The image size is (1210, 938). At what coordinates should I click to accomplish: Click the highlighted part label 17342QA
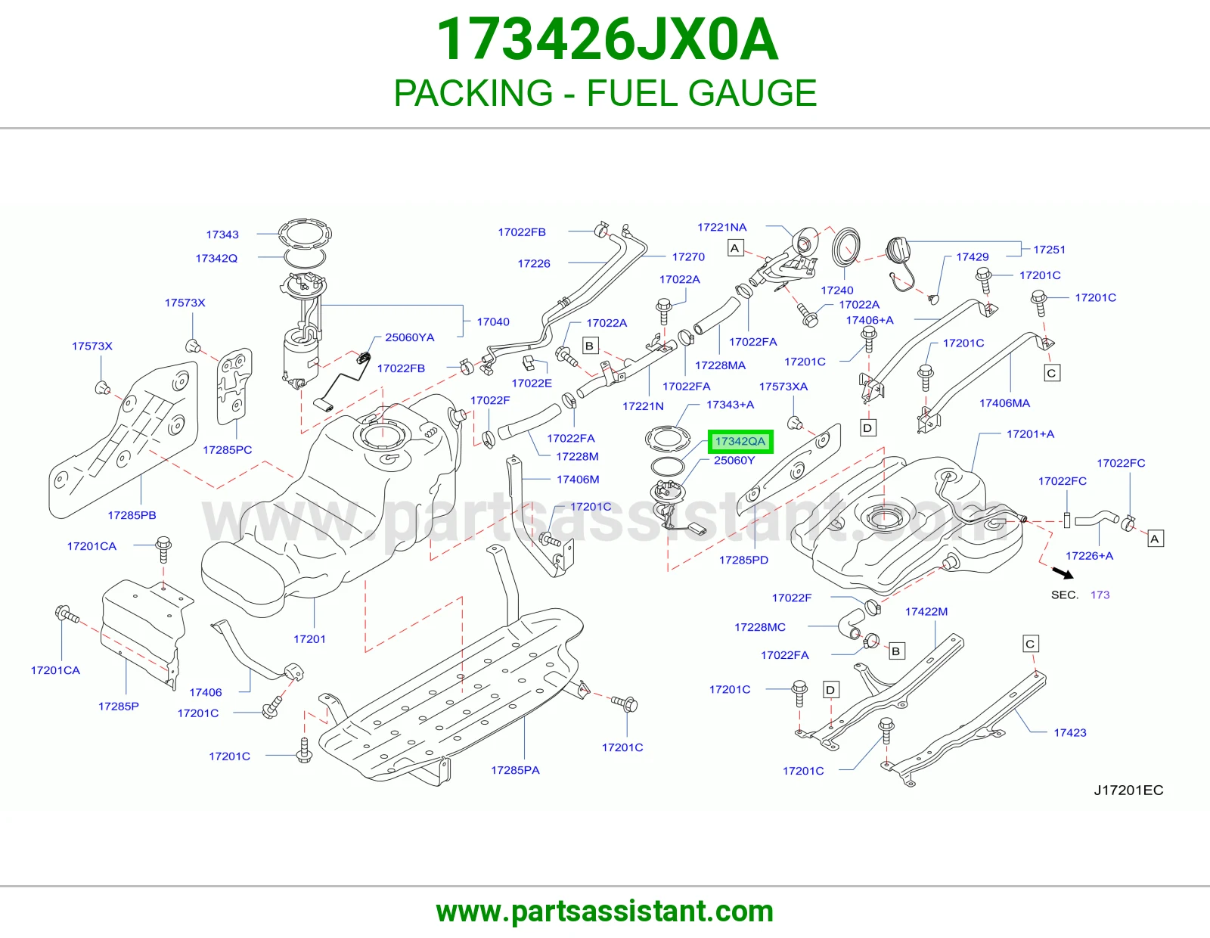(x=740, y=442)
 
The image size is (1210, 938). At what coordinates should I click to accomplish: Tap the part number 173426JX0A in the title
(x=607, y=40)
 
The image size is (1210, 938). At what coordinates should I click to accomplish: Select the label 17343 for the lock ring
(x=222, y=234)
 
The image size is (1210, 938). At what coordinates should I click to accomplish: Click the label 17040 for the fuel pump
(x=493, y=321)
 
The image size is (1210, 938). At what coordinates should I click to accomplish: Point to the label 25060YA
(x=409, y=337)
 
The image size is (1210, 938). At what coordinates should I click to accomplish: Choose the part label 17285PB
(x=132, y=515)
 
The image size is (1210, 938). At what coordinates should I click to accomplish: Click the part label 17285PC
(x=227, y=449)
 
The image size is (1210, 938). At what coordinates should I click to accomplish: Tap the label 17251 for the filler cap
(x=1049, y=250)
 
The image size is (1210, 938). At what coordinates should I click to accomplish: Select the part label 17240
(x=837, y=290)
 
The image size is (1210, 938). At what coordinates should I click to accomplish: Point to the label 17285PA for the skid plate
(x=515, y=770)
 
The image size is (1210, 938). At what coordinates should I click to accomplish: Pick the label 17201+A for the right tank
(x=1030, y=434)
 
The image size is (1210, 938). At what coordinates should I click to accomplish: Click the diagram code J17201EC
(x=1128, y=790)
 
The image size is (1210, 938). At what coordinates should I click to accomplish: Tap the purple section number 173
(x=1100, y=595)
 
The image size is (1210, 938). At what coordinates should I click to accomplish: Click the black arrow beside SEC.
(x=1063, y=573)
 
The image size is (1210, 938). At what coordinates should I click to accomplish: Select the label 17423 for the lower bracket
(x=1069, y=732)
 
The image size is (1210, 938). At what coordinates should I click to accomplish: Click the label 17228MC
(x=759, y=627)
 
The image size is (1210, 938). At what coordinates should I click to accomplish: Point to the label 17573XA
(x=783, y=387)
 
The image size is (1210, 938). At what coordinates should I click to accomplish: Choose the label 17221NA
(x=721, y=227)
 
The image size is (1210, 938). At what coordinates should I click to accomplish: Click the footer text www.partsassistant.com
(x=605, y=912)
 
